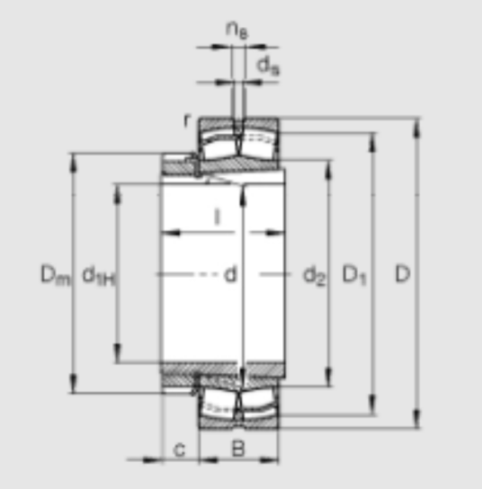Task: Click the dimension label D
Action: (x=403, y=274)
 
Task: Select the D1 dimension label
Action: (x=354, y=275)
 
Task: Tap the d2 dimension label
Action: (x=315, y=275)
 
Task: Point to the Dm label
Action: (x=56, y=275)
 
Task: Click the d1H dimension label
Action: (x=99, y=276)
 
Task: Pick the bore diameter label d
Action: (x=230, y=274)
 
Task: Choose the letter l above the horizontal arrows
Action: (x=218, y=217)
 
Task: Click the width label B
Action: (x=238, y=449)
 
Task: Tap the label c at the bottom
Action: (x=179, y=450)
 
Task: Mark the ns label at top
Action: (x=237, y=31)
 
